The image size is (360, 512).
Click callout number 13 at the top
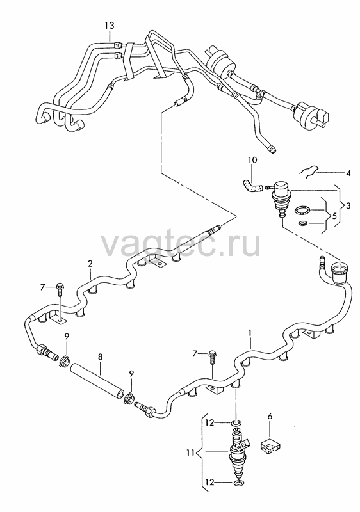[x=110, y=25]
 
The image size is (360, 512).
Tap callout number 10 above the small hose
[x=252, y=160]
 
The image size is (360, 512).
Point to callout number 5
[x=334, y=216]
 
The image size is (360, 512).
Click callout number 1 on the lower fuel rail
[x=250, y=333]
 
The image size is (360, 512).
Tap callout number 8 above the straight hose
[x=100, y=357]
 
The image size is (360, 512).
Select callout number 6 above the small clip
[x=270, y=416]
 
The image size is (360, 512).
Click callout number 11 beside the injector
[x=191, y=453]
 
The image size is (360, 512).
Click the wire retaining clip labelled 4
[x=309, y=171]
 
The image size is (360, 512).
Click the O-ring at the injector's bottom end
[x=238, y=483]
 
